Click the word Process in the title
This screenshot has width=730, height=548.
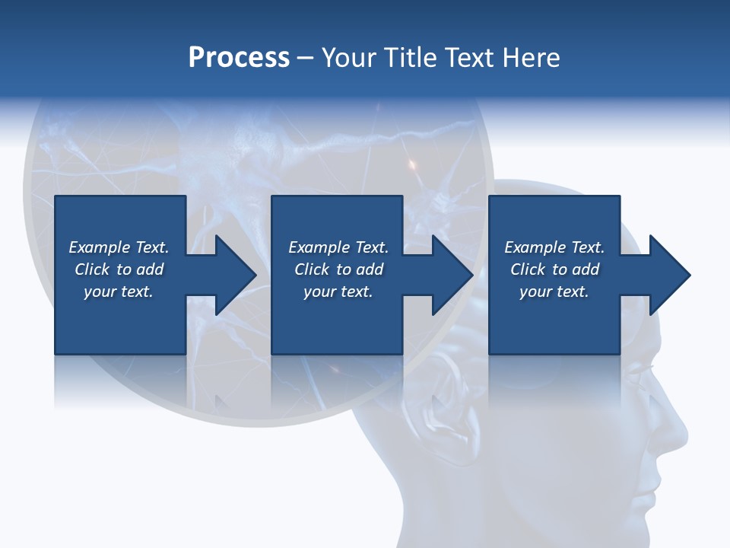(239, 58)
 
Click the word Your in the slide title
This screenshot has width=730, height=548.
(349, 58)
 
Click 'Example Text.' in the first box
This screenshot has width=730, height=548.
(119, 247)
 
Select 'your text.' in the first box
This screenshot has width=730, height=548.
(119, 292)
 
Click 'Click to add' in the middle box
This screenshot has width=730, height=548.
(338, 269)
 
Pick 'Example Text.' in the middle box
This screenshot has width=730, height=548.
(338, 247)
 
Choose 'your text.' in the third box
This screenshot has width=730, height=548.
(554, 292)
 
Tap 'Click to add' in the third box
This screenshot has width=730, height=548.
(554, 269)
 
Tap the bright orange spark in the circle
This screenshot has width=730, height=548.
(413, 164)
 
